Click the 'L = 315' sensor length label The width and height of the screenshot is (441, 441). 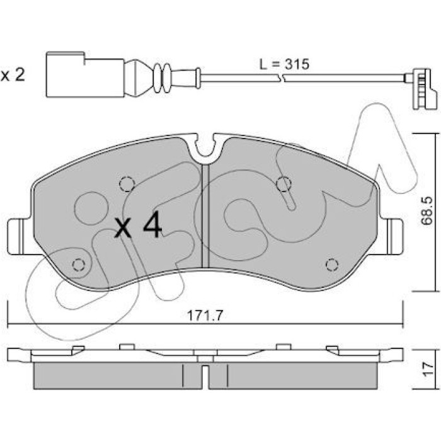[283, 64]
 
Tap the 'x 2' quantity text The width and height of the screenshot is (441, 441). [13, 75]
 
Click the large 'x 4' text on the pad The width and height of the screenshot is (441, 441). [138, 224]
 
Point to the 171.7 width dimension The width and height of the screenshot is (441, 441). [205, 316]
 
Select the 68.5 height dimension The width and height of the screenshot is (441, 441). [426, 210]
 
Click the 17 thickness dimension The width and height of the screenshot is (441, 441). [427, 369]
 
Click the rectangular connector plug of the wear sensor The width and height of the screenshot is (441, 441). [84, 75]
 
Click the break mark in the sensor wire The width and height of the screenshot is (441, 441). [282, 78]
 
